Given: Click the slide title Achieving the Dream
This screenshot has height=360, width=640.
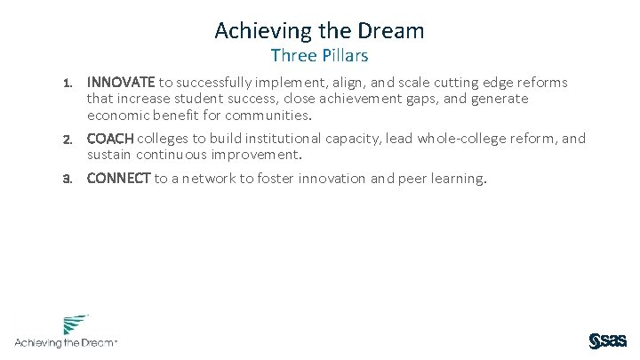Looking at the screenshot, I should click(x=319, y=30).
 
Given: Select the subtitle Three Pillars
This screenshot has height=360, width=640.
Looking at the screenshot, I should click(x=319, y=57).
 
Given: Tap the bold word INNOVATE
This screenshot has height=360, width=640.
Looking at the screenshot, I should click(x=121, y=83).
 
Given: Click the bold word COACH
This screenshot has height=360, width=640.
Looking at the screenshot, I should click(x=110, y=139).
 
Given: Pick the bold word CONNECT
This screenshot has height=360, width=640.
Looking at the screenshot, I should click(x=119, y=179).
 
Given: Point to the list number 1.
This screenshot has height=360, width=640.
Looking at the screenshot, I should click(x=67, y=84).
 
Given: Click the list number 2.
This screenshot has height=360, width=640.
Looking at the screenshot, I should click(x=67, y=140).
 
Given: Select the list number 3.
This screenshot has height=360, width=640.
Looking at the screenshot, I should click(x=67, y=179).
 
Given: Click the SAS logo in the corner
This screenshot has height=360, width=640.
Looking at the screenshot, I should click(x=607, y=340).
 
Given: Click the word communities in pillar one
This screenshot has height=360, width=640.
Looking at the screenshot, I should click(x=270, y=116).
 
